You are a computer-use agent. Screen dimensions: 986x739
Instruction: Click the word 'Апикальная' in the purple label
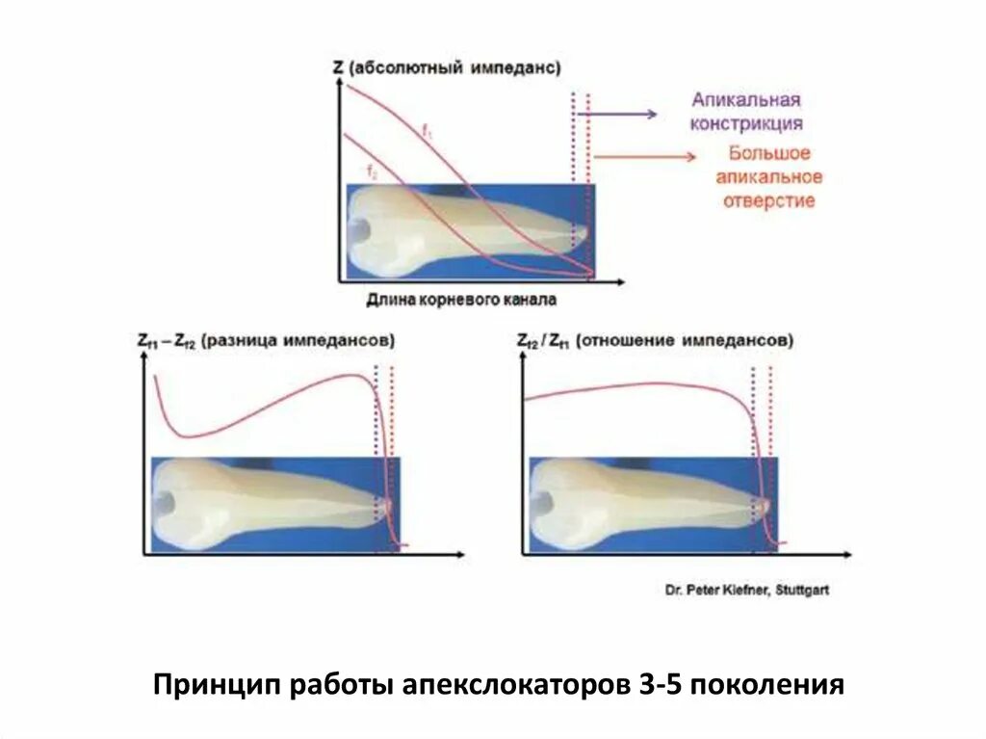click(x=746, y=100)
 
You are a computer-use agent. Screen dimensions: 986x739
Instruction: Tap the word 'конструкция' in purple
click(x=746, y=123)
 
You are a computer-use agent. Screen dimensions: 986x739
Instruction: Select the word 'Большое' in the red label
click(x=768, y=153)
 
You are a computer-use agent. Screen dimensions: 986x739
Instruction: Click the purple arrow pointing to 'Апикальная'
click(x=616, y=114)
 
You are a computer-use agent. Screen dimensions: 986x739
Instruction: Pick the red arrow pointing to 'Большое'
click(x=643, y=157)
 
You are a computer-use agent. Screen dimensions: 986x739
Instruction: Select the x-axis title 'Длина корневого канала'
click(x=460, y=301)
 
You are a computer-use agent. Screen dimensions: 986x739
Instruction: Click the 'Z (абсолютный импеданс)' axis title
click(x=446, y=68)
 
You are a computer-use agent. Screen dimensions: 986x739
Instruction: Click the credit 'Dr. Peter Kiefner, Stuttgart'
click(x=745, y=590)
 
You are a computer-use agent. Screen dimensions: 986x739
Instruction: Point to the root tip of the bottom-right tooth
click(x=765, y=503)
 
